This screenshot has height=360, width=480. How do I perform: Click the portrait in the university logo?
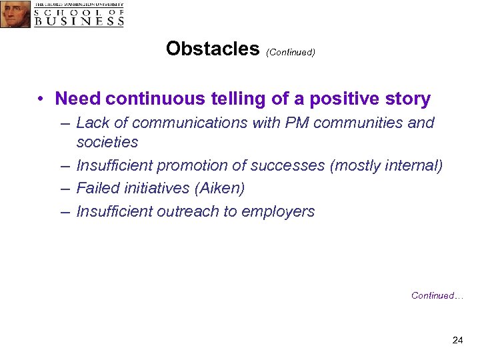pos(15,14)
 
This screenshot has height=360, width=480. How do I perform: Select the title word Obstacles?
pos(212,49)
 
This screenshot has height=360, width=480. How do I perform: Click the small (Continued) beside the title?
pos(290,52)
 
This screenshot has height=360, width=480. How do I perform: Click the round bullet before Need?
pos(41,100)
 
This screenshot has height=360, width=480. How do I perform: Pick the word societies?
pos(107,142)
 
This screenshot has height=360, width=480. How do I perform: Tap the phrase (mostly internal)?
pos(386,166)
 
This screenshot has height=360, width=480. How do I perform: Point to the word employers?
pos(279,212)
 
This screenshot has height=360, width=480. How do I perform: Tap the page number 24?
pos(457,341)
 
